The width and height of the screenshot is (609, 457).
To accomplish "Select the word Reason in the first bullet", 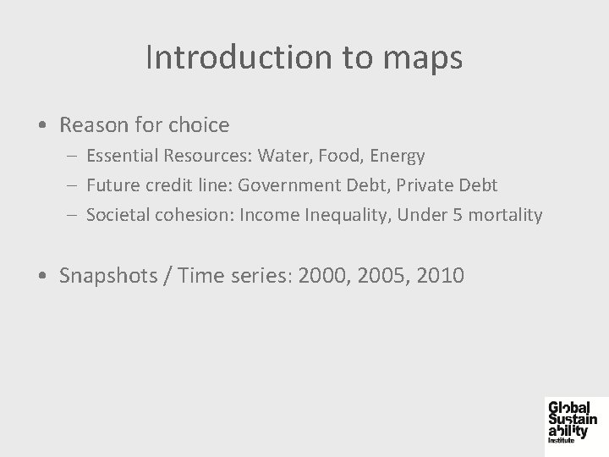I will tap(94, 125).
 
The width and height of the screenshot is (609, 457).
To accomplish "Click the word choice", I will tap(198, 125).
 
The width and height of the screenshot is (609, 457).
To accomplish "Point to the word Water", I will tap(285, 156).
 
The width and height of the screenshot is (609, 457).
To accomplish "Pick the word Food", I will tap(341, 156).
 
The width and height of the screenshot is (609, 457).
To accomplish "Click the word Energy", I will tap(398, 157).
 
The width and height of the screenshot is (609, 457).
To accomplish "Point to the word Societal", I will tap(118, 215).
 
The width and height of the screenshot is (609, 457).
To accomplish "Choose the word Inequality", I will tap(343, 216).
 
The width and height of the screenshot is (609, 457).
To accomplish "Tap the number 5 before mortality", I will tap(457, 215).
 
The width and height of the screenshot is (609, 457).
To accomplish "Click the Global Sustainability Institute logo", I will tap(572, 421).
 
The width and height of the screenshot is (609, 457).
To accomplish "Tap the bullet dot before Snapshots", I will tap(43, 276).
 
